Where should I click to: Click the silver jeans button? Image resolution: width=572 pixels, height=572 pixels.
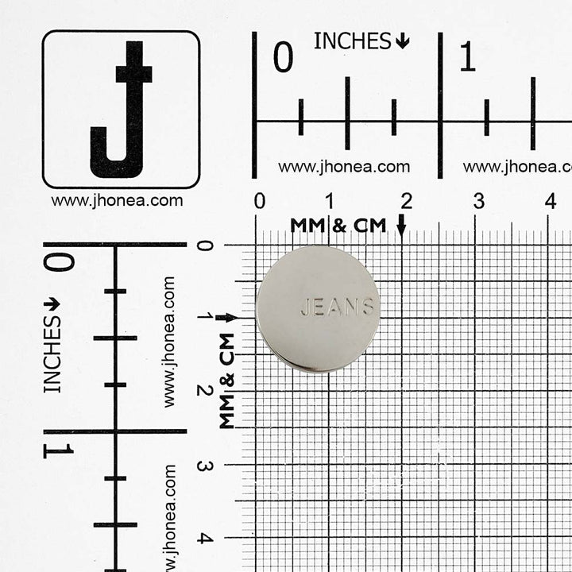pyautogui.click(x=318, y=309)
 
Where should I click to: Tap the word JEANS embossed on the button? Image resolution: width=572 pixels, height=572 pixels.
pyautogui.click(x=337, y=307)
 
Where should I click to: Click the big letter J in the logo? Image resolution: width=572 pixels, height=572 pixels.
pyautogui.click(x=121, y=110)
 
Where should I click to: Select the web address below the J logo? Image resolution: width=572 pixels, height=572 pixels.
pyautogui.click(x=117, y=201)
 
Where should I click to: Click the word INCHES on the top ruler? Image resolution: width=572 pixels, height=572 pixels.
pyautogui.click(x=352, y=41)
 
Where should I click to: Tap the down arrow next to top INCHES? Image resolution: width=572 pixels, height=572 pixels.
pyautogui.click(x=402, y=41)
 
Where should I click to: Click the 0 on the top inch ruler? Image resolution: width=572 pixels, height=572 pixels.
pyautogui.click(x=283, y=56)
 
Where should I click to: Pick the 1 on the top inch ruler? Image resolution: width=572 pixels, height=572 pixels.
pyautogui.click(x=467, y=56)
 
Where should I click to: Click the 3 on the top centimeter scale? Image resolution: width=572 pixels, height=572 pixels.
pyautogui.click(x=479, y=201)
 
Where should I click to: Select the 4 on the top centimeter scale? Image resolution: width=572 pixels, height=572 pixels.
pyautogui.click(x=551, y=201)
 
